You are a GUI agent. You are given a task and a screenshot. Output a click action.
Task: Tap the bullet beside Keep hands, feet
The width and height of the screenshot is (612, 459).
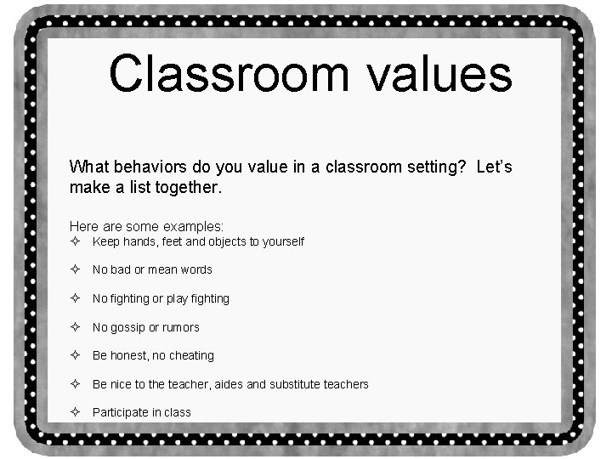tap(75, 241)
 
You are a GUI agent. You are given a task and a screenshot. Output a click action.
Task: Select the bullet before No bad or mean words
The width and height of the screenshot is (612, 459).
tap(75, 269)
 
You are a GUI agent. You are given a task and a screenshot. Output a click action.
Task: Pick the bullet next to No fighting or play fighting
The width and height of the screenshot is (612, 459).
tap(75, 298)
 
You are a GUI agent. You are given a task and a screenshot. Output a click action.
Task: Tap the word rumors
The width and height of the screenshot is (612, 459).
tap(180, 327)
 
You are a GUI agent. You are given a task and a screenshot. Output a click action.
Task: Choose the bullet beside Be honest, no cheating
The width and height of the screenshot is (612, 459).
tap(75, 355)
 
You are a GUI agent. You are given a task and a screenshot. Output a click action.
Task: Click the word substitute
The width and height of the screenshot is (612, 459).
tap(295, 384)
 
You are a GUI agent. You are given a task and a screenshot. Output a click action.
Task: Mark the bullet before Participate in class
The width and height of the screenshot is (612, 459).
tap(75, 412)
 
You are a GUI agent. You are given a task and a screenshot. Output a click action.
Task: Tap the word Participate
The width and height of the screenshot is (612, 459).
tap(119, 412)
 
